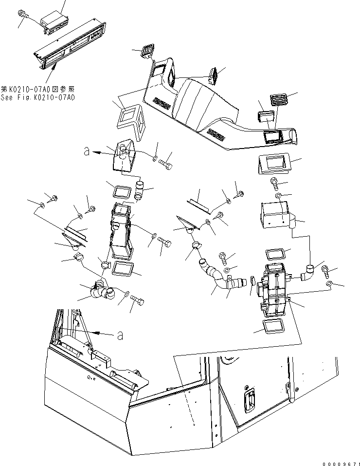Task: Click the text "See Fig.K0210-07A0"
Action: point(37,97)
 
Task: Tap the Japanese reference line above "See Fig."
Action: point(37,89)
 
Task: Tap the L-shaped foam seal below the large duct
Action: point(130,120)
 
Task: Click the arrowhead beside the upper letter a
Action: point(98,152)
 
